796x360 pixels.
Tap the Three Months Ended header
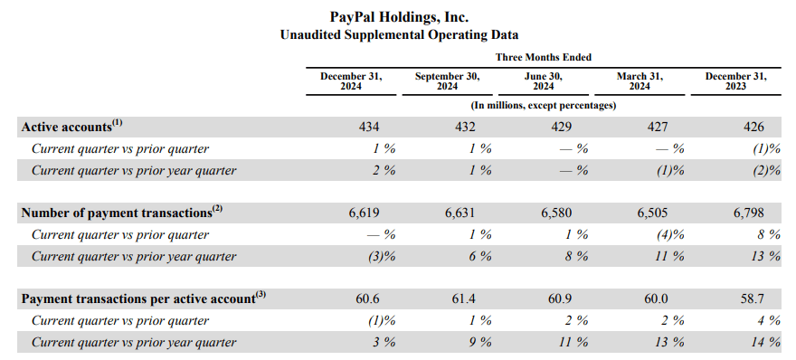click(544, 57)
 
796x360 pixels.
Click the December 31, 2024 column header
click(351, 81)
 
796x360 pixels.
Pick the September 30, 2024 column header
click(447, 81)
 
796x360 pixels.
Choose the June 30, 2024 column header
click(543, 81)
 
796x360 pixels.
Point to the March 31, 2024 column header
click(640, 81)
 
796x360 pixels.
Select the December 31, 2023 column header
click(735, 81)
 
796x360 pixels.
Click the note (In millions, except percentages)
click(543, 106)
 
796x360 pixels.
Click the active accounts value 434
click(370, 128)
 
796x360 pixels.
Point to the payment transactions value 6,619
click(365, 213)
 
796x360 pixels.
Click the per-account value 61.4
click(465, 298)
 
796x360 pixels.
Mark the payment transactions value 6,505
click(654, 213)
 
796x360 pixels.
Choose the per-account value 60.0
click(657, 298)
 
